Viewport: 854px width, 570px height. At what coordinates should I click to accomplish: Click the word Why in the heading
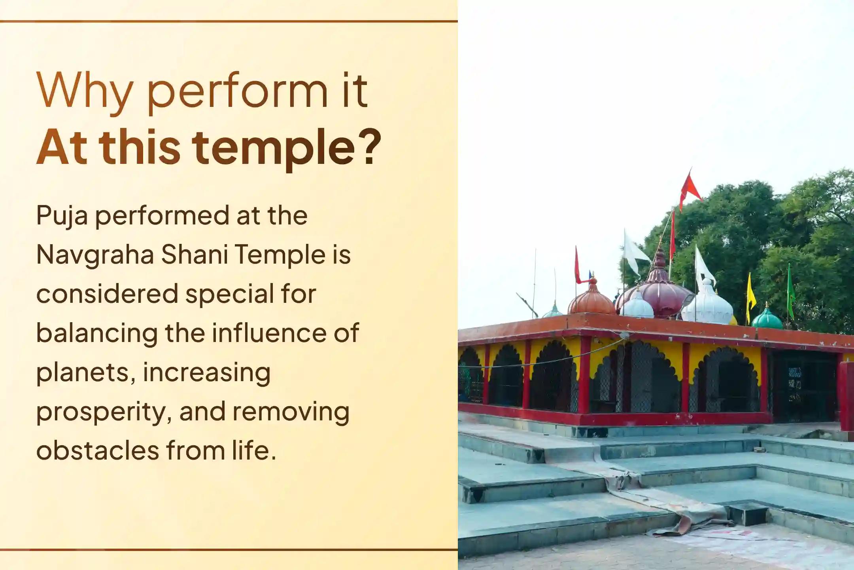(x=84, y=92)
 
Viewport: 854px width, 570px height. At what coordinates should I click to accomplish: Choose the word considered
(x=107, y=294)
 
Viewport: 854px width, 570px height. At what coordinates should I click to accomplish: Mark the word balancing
(x=96, y=334)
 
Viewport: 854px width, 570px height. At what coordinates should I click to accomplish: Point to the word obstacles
(x=97, y=451)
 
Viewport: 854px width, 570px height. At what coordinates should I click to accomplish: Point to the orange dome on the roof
(x=591, y=300)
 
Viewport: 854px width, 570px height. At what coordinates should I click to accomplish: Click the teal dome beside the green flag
(x=767, y=319)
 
